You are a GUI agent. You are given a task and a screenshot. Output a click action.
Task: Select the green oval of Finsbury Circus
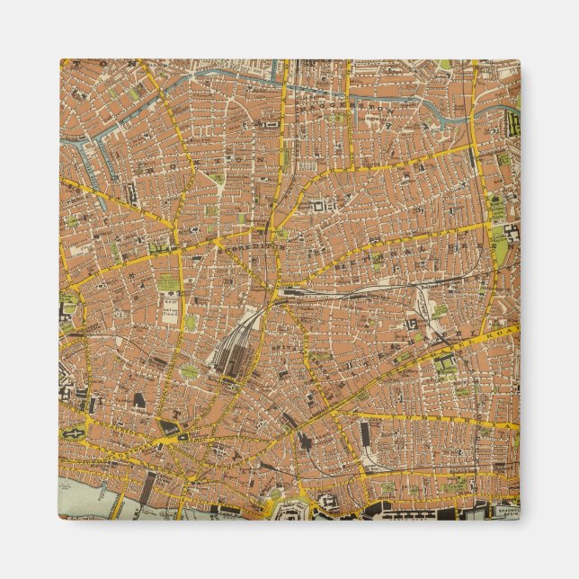pos(189,370)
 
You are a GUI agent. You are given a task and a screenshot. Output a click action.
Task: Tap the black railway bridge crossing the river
pos(148,490)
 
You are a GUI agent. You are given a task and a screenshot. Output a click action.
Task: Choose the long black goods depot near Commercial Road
pos(364,435)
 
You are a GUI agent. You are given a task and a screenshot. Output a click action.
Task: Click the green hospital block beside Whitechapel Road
pos(445,364)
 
